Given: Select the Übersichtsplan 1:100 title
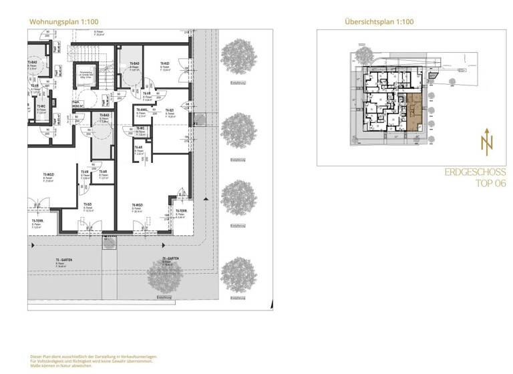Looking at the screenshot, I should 379,21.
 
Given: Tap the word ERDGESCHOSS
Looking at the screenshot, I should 475,172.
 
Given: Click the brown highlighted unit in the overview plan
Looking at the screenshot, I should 414,112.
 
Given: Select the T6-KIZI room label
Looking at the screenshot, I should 164,63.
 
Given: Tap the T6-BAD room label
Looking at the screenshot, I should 134,63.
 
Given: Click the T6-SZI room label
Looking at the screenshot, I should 170,110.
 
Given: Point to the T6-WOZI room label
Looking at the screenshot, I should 138,205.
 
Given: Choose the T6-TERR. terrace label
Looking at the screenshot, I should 180,211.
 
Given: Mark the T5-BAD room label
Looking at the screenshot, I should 104,116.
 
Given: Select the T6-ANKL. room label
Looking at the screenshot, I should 142,110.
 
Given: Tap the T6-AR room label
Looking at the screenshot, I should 139,148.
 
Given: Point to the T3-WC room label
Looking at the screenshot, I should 41,106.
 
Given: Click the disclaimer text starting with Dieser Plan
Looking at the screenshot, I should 94,361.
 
